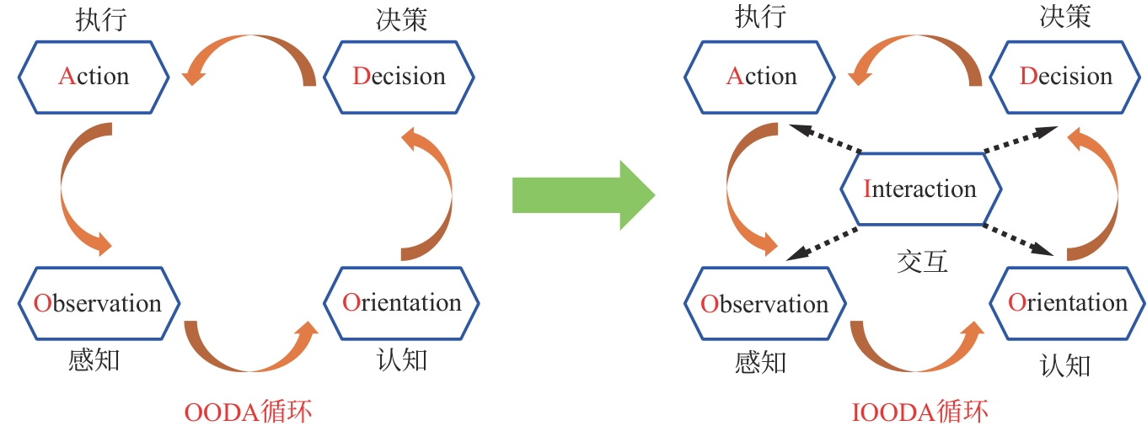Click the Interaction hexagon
pyautogui.click(x=921, y=189)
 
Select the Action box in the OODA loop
pyautogui.click(x=94, y=77)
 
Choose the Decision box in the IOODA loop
pyautogui.click(x=1065, y=77)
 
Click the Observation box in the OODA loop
pyautogui.click(x=98, y=303)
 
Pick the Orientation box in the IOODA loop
pyautogui.click(x=1067, y=303)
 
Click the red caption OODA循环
pyautogui.click(x=248, y=413)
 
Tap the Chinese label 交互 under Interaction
pyautogui.click(x=922, y=262)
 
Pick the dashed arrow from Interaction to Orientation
pyautogui.click(x=1018, y=239)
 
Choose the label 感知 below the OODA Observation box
pyautogui.click(x=94, y=360)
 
